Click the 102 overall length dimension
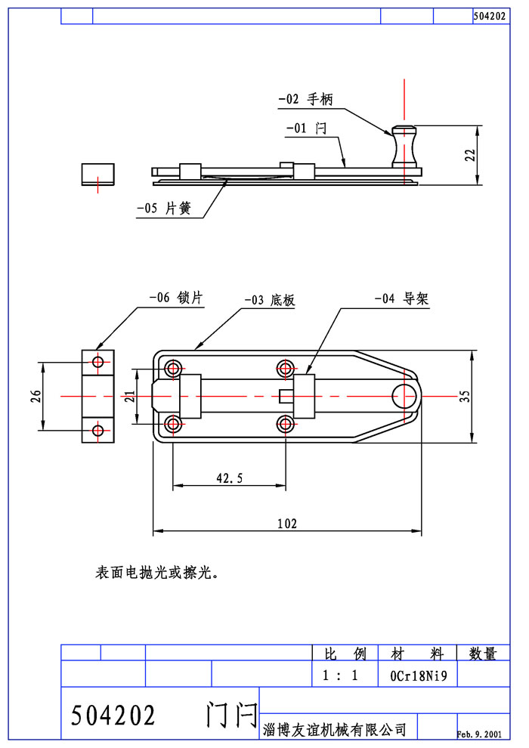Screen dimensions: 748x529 pos(287,523)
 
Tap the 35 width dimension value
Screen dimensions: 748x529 pos(487,396)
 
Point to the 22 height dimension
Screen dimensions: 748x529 pos(469,155)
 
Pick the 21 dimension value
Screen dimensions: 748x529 pos(129,397)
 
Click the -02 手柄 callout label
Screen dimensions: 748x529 pos(305,100)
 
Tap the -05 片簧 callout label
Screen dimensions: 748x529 pos(163,209)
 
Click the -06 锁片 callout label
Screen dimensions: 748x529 pos(176,298)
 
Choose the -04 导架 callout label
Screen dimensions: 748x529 pos(401,299)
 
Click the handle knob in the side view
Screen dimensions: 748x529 pos(404,145)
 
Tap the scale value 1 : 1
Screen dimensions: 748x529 pos(340,675)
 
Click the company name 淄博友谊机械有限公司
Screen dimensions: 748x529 pos(335,729)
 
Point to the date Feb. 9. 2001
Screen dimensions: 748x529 pos(479,734)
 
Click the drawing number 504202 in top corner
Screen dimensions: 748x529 pos(489,16)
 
